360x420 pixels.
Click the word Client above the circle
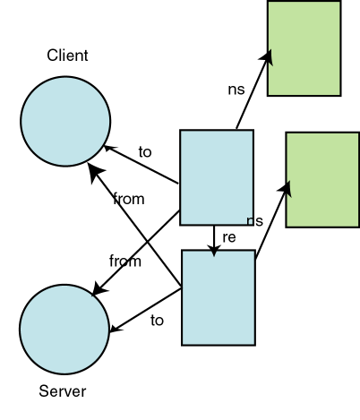[67, 56]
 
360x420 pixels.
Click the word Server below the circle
[63, 391]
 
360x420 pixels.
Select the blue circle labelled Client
[65, 121]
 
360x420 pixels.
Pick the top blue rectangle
[217, 176]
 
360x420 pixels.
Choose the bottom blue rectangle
[219, 297]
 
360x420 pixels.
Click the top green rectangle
[304, 48]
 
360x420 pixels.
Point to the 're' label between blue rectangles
[228, 237]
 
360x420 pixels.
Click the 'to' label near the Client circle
[145, 151]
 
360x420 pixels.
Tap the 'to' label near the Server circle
[158, 319]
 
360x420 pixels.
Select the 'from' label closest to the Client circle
[129, 199]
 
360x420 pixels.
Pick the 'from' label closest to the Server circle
[125, 261]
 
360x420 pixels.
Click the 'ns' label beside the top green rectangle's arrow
[236, 89]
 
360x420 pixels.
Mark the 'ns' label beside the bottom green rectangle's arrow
[254, 220]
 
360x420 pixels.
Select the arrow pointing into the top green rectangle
[253, 90]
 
